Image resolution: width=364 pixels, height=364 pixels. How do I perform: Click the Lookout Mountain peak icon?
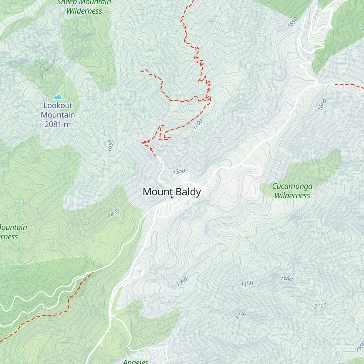(x=58, y=97)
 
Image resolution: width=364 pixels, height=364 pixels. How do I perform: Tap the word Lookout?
(x=58, y=106)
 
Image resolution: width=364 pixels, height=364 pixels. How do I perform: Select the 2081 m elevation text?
(x=58, y=124)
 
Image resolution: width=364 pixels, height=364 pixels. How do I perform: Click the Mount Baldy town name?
(x=172, y=192)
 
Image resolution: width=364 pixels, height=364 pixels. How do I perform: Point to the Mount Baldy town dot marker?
(x=171, y=197)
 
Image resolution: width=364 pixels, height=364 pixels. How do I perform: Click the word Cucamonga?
(x=292, y=186)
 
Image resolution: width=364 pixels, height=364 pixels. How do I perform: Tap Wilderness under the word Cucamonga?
(x=292, y=196)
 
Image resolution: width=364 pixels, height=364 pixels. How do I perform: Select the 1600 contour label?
(x=322, y=105)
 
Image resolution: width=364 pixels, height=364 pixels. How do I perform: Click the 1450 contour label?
(x=114, y=214)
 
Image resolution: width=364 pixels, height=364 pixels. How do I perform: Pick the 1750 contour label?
(x=247, y=284)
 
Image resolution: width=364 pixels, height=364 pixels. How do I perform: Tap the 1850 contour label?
(x=286, y=278)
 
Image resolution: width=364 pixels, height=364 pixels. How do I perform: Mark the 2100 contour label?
(x=320, y=306)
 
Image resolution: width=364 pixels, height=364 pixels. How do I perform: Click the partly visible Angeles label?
(x=136, y=362)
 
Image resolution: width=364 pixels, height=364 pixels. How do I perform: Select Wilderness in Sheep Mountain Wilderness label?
(x=84, y=11)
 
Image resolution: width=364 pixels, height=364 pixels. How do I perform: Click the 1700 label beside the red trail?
(x=197, y=124)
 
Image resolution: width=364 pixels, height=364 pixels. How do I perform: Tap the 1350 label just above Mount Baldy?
(x=179, y=171)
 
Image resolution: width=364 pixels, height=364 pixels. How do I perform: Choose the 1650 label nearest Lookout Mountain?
(x=110, y=146)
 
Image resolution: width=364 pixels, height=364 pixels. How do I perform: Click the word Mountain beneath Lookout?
(x=58, y=115)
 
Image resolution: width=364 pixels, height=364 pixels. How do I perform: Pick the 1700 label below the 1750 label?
(x=241, y=315)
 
